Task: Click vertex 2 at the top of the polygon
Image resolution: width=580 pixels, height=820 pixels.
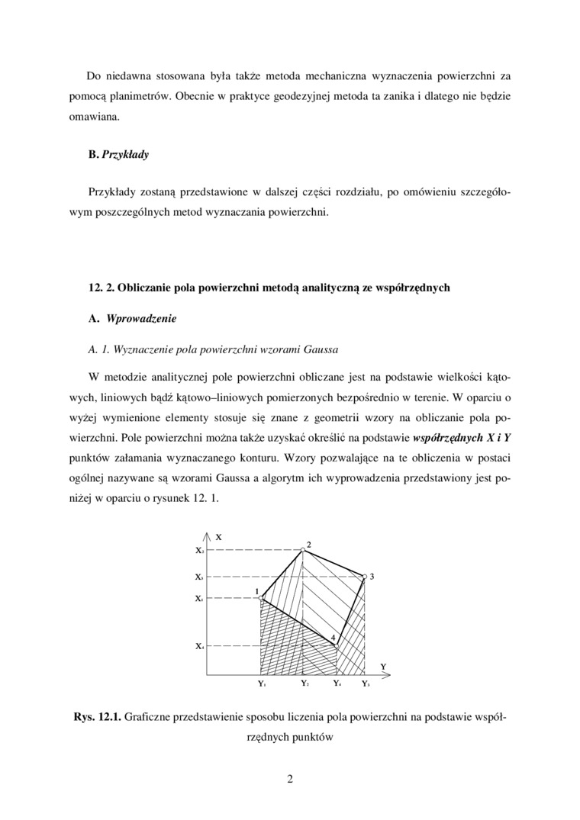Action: pyautogui.click(x=303, y=550)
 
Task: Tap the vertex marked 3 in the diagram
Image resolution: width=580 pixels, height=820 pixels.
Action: pyautogui.click(x=364, y=577)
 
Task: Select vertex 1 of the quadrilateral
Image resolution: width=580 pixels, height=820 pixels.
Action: pyautogui.click(x=261, y=598)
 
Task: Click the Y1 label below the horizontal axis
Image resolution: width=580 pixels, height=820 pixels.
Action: pyautogui.click(x=262, y=684)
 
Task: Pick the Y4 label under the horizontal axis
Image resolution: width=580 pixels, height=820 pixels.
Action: pyautogui.click(x=337, y=684)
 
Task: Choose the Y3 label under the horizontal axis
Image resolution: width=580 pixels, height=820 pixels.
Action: pyautogui.click(x=366, y=684)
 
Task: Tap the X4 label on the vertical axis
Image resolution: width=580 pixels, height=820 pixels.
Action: pyautogui.click(x=199, y=647)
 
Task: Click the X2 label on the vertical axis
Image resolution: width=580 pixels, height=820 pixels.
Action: pyautogui.click(x=199, y=550)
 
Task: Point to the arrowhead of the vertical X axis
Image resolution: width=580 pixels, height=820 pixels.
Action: pyautogui.click(x=208, y=532)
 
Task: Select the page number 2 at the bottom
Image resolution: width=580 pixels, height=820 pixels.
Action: pyautogui.click(x=290, y=779)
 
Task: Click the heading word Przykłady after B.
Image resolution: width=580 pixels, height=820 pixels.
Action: pyautogui.click(x=125, y=155)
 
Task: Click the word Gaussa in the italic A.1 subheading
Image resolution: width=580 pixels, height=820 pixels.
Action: pyautogui.click(x=321, y=349)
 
